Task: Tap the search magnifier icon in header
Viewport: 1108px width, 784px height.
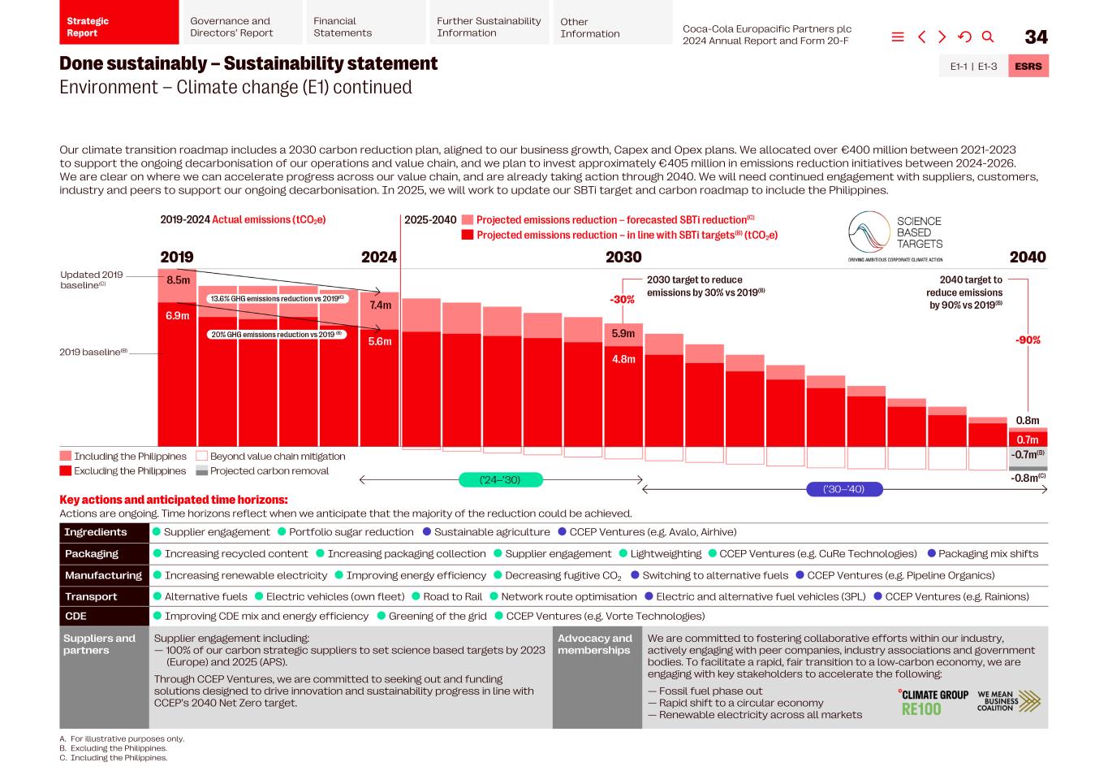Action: [x=988, y=37]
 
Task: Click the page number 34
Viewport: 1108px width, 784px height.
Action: [x=1036, y=37]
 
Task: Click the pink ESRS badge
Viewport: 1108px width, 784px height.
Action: [x=1028, y=67]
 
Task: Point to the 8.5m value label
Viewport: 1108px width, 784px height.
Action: [x=178, y=280]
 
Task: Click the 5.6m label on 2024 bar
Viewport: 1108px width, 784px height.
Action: [x=380, y=341]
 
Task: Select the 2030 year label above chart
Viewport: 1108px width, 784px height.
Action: [x=623, y=258]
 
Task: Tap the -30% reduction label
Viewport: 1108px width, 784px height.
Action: [x=622, y=300]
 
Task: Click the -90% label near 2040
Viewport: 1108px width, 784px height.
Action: [x=1028, y=340]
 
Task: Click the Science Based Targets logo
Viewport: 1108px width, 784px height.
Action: [x=896, y=235]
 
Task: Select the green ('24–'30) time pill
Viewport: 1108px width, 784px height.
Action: [x=500, y=480]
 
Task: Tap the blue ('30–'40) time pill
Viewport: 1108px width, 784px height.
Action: [x=843, y=489]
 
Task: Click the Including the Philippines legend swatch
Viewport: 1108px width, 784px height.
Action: [x=66, y=457]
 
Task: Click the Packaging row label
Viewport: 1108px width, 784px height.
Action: [x=92, y=554]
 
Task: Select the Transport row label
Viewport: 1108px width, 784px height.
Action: [x=91, y=597]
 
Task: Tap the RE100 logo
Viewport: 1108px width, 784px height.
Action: [x=922, y=709]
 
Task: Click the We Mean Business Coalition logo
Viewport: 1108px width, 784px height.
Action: [x=1008, y=701]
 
